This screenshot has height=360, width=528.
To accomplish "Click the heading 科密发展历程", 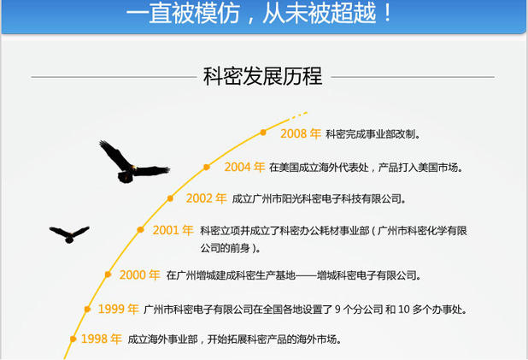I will coord(262,76).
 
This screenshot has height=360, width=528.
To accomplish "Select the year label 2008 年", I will coord(300,134).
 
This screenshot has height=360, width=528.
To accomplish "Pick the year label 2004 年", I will coord(244,167).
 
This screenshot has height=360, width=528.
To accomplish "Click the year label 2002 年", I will coord(206,198).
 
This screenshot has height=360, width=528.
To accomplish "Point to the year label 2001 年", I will coord(173,230).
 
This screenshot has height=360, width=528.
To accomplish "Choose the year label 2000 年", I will coord(139,275).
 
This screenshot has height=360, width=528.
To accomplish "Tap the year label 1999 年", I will coord(118,309).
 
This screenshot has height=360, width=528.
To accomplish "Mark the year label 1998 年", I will coord(101,339).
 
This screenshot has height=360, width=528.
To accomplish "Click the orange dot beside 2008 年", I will coord(263,133).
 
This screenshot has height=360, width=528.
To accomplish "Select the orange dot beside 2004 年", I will coord(207,167).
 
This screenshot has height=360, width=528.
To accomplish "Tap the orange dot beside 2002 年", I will coord(169,198).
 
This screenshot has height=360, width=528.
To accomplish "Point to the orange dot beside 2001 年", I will coord(139,229).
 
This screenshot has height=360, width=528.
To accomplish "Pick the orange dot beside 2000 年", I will coord(108,274).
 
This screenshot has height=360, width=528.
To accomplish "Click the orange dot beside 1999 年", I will coord(87,309).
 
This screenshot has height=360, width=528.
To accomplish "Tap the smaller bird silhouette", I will coord(69,233).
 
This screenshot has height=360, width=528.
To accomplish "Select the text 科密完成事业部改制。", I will coord(373,134).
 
